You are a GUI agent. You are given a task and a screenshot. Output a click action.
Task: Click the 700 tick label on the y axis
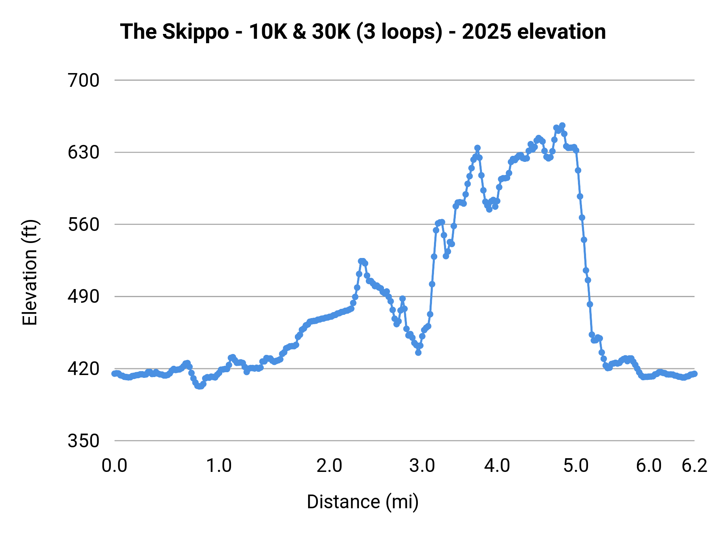point(83,81)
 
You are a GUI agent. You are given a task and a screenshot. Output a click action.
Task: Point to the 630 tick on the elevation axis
point(83,153)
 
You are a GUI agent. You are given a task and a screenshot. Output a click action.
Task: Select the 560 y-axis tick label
point(83,225)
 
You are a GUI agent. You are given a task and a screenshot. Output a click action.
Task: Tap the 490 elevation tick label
point(83,297)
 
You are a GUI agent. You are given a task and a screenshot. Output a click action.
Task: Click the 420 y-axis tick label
point(83,369)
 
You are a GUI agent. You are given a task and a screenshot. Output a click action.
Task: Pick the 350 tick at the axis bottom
point(83,441)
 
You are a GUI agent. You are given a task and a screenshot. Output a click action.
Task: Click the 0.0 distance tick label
point(115,466)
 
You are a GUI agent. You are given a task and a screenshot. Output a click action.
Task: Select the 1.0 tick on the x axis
point(219,466)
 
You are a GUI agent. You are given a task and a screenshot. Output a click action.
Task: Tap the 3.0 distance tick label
point(422,466)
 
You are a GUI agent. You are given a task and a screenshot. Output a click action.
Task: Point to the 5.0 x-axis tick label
point(576,466)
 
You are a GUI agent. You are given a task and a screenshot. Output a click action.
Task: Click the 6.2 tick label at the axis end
point(695,466)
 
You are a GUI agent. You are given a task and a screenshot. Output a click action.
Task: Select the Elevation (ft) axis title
point(30,272)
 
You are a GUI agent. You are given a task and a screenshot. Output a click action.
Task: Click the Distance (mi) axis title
point(363,502)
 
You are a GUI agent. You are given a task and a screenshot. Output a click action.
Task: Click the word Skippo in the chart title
point(196,32)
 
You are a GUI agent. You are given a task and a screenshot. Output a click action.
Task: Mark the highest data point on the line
point(562,126)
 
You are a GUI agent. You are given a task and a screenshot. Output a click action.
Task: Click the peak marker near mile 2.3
point(361,261)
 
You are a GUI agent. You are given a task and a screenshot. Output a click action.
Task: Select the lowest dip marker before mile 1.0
point(199,386)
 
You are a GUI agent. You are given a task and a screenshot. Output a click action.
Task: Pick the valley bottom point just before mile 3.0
point(418,352)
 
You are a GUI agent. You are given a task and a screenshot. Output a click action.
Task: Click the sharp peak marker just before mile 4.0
point(478,148)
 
